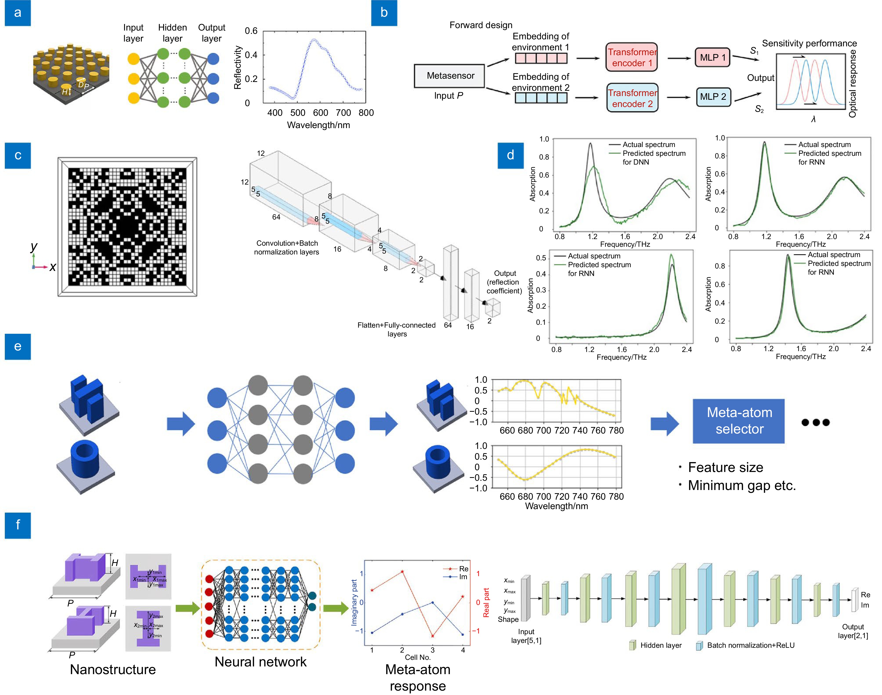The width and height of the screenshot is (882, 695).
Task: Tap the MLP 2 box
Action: pos(713,97)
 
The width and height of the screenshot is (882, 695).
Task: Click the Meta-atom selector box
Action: pos(738,421)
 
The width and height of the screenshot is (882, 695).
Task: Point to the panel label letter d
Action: pos(510,155)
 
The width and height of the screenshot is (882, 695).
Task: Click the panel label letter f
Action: pos(18,525)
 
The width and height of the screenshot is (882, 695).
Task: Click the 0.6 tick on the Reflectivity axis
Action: pos(251,31)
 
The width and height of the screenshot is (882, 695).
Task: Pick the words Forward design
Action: pos(481,25)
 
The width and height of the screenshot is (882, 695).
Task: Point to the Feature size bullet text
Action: pos(725,468)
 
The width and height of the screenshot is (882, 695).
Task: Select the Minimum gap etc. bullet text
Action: pos(741,485)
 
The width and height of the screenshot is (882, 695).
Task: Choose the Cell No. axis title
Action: pos(417,657)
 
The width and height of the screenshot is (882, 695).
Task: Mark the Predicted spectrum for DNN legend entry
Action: pos(653,158)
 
